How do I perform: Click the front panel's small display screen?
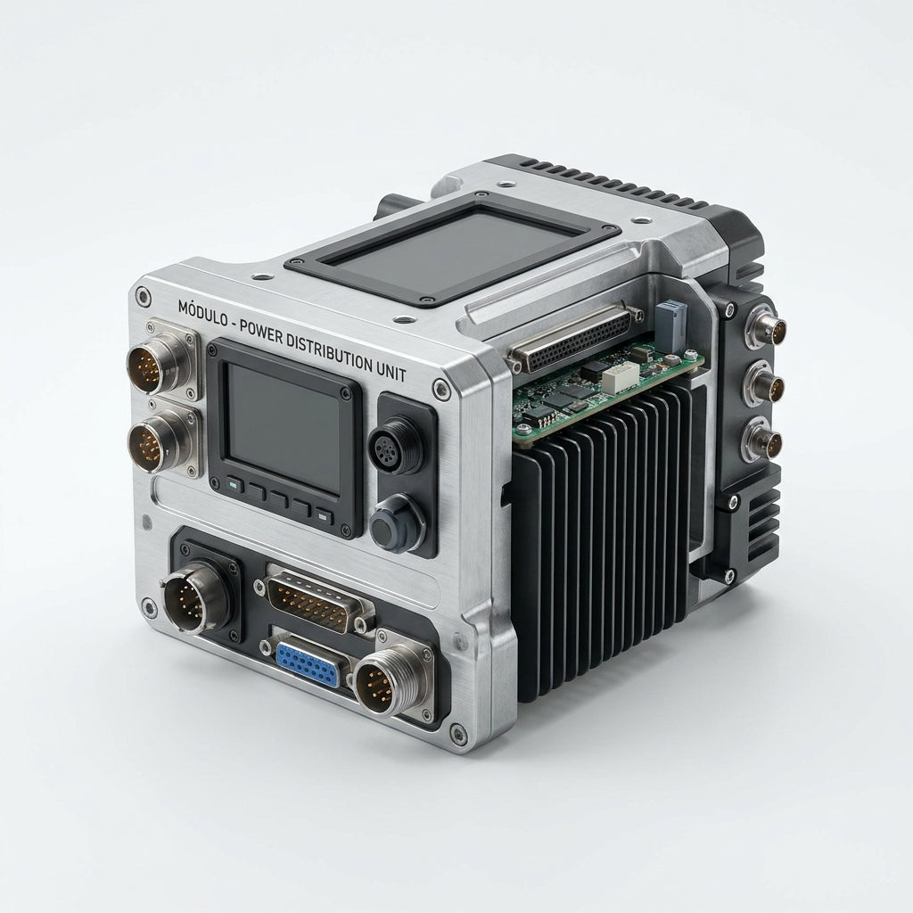[x=284, y=427]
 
